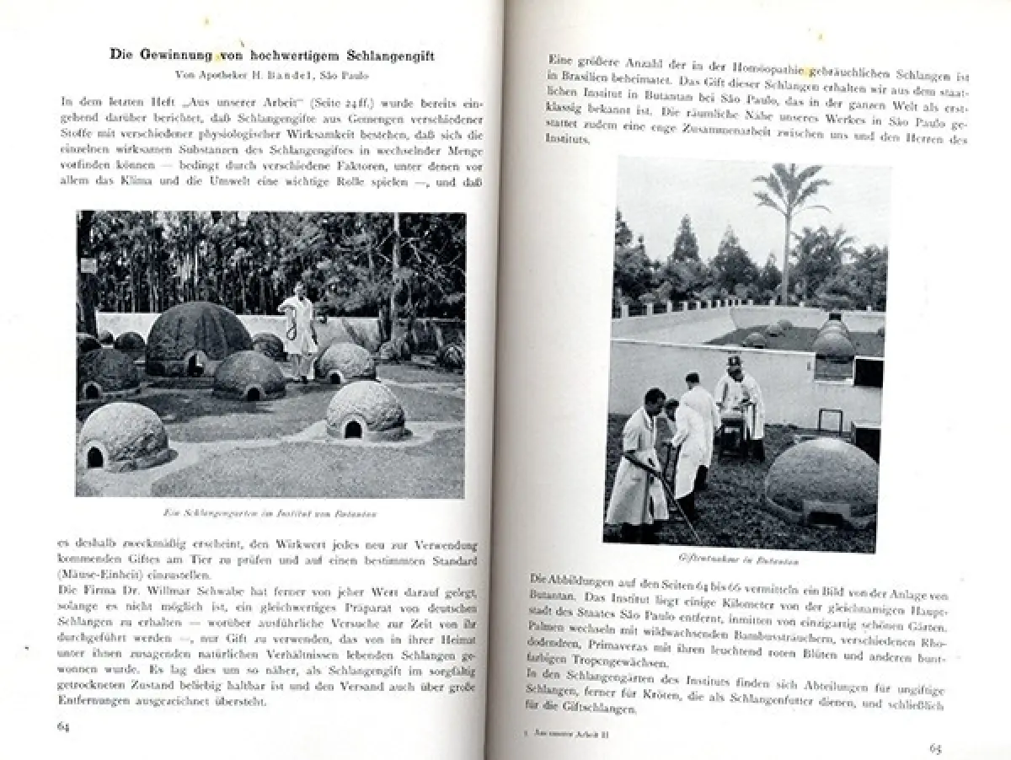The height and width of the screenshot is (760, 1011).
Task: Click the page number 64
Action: (x=63, y=725)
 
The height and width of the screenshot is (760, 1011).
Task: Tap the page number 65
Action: (x=935, y=747)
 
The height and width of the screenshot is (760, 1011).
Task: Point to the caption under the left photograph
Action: (x=270, y=512)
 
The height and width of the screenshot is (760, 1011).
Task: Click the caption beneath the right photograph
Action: (x=739, y=560)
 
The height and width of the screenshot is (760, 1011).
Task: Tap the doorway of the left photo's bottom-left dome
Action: (x=94, y=458)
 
